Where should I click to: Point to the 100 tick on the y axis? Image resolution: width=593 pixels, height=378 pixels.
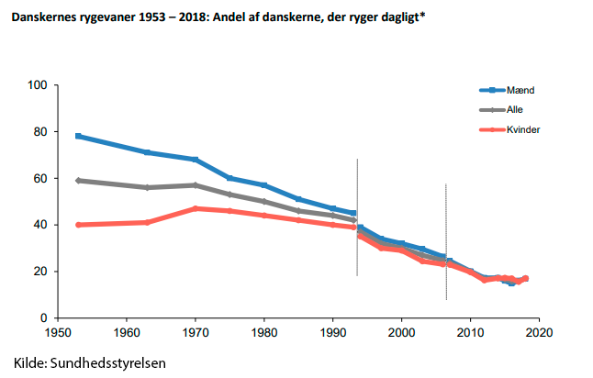click(37, 85)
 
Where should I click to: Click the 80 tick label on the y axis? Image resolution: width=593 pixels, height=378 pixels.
click(39, 132)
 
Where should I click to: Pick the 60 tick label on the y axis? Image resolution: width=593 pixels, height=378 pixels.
click(39, 179)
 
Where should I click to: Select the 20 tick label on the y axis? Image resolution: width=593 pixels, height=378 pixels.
click(39, 272)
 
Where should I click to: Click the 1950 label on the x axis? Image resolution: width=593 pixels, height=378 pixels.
click(57, 331)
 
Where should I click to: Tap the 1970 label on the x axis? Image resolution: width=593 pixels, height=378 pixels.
click(195, 331)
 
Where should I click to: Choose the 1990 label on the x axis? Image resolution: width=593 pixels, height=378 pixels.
click(332, 331)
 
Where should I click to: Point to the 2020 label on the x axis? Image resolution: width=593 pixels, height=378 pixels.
click(539, 331)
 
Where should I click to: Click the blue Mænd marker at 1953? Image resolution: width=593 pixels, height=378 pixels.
click(78, 136)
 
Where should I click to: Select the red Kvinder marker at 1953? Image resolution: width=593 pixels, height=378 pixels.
click(78, 225)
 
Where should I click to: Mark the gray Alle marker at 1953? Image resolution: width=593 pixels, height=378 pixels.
click(78, 180)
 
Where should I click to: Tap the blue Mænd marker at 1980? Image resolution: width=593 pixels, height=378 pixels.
click(264, 185)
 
